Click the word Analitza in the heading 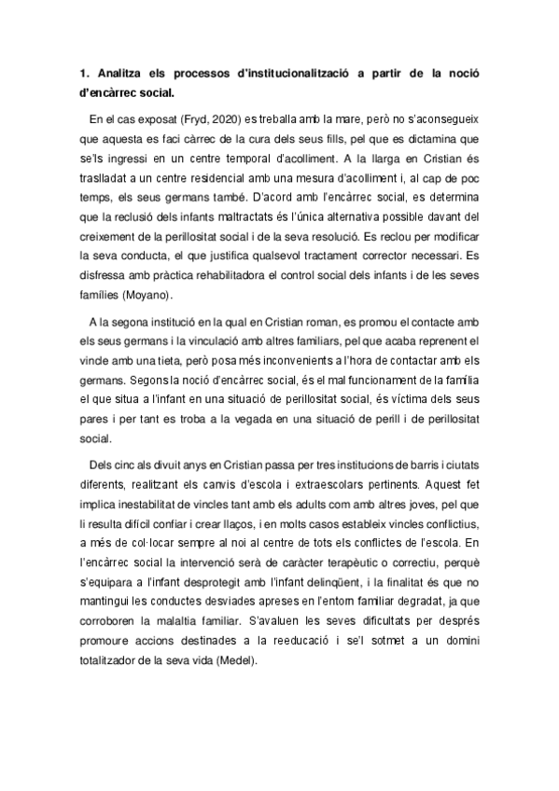point(126,74)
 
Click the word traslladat point(114,182)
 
